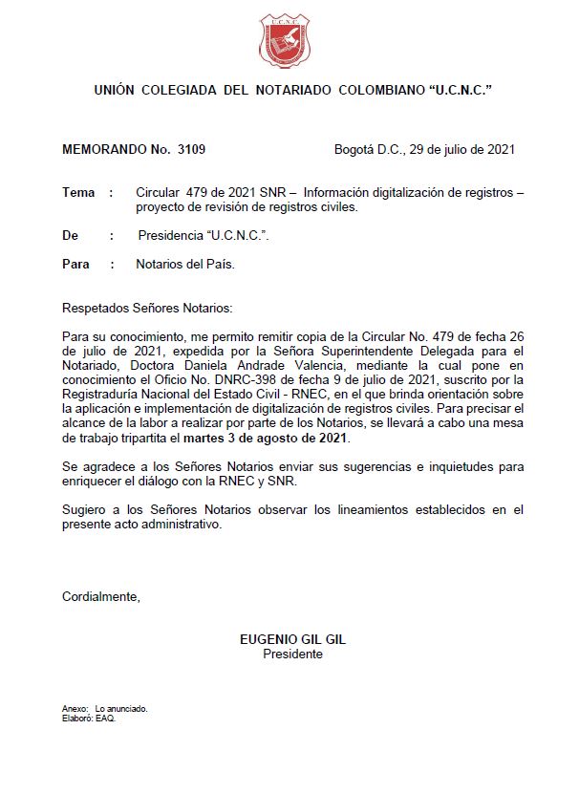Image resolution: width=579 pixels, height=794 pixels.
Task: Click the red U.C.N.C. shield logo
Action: [285, 41]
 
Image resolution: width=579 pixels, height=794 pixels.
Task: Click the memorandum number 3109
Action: [190, 150]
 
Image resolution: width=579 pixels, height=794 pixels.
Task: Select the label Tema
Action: [78, 193]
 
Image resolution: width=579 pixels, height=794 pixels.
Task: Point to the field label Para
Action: [76, 265]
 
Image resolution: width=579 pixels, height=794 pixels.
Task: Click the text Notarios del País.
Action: [185, 265]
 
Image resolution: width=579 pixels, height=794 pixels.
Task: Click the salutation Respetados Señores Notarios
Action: [146, 309]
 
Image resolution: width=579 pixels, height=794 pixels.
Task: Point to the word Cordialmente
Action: [100, 597]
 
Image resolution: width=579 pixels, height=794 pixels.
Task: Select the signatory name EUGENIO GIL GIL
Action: [292, 640]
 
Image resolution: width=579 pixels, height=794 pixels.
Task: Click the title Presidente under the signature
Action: [292, 655]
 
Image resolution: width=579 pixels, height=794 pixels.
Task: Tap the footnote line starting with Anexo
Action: [104, 709]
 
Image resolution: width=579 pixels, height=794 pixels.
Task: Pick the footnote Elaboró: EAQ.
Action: [88, 719]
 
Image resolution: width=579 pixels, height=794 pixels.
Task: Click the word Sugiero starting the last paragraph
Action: [85, 510]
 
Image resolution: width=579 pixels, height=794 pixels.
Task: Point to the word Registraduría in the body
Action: [105, 396]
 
